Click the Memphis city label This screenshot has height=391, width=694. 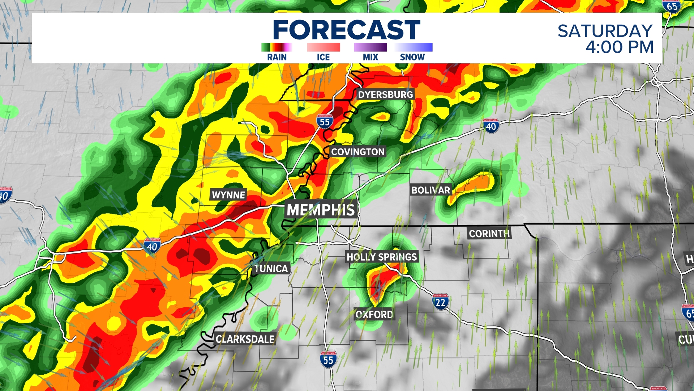coord(321,210)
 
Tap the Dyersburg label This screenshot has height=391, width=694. coord(385,94)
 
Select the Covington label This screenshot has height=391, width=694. coord(358,152)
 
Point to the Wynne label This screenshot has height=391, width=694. coord(228,195)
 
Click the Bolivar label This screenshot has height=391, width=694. coord(430,190)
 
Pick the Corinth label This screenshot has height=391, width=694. coord(489,234)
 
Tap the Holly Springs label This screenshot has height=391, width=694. coord(382,257)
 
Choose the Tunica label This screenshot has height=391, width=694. coord(271,269)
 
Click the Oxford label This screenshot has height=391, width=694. coord(374,314)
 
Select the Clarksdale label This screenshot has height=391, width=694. coord(245,339)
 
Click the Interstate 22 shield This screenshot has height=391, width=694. coord(440,302)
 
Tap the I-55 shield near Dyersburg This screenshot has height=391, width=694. coord(325,122)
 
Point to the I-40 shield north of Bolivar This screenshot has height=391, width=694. coord(491,126)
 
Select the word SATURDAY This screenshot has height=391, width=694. coord(605,31)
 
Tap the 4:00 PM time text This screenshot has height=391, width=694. coord(620,47)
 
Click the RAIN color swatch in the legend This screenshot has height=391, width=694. coord(277,47)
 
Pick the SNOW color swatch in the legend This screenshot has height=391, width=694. coord(413,47)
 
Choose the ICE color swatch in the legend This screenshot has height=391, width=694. coord(324,47)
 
